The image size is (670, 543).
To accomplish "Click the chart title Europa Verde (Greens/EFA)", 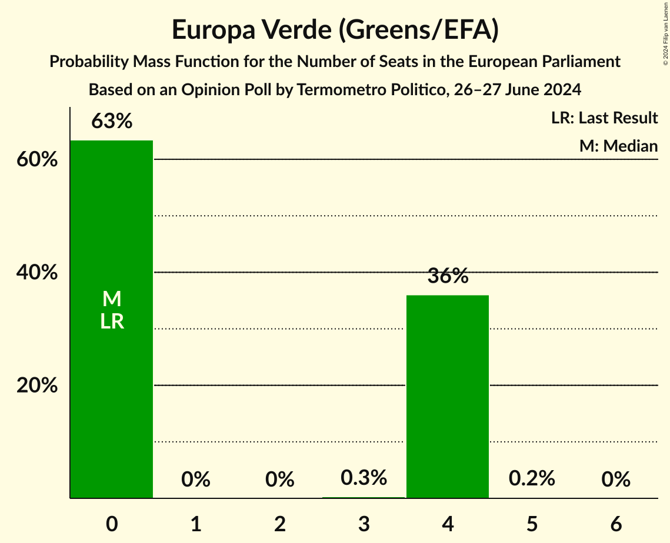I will (335, 31).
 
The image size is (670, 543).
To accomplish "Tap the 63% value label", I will (112, 122).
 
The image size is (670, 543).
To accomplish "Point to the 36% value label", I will (448, 276).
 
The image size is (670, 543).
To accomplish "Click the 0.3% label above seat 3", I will (364, 478).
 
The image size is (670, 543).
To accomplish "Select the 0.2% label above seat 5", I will (532, 478).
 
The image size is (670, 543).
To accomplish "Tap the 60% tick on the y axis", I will (37, 160).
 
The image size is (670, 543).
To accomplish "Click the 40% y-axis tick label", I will (37, 273).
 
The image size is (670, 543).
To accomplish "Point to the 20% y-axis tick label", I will (37, 386).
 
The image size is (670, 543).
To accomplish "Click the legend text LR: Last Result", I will (604, 118).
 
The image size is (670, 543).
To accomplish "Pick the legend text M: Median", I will (618, 146).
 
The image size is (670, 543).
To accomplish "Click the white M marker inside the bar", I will (112, 299).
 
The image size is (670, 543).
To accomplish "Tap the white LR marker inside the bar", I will (112, 321).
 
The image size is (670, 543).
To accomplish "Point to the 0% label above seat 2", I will (280, 480).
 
